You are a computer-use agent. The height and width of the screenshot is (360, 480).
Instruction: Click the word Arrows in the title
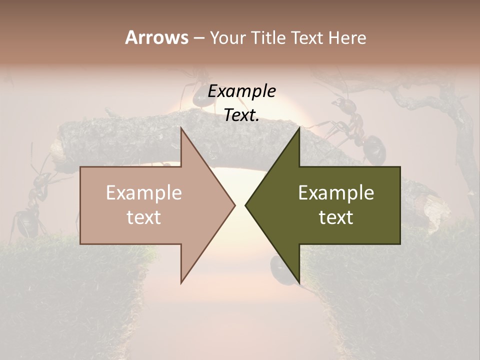pos(156,37)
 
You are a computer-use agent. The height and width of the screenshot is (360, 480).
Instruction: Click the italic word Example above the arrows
pos(241,91)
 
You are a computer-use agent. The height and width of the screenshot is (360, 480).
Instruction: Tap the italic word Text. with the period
pos(241,115)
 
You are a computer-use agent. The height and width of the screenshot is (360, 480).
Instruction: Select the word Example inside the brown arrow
pos(144,193)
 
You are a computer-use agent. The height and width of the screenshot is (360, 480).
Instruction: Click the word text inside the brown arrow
pos(144,217)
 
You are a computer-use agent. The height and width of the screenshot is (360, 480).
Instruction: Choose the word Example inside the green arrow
pos(336,193)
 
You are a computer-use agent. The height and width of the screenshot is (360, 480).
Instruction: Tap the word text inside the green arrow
pos(336,217)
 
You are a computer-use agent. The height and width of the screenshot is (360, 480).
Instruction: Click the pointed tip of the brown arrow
pos(234,205)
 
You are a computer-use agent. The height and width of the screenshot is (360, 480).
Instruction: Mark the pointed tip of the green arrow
pos(246,205)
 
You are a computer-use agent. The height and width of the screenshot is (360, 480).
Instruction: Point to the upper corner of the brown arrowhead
pos(181,128)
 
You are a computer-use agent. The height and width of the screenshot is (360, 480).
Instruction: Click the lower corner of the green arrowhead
pos(299,282)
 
